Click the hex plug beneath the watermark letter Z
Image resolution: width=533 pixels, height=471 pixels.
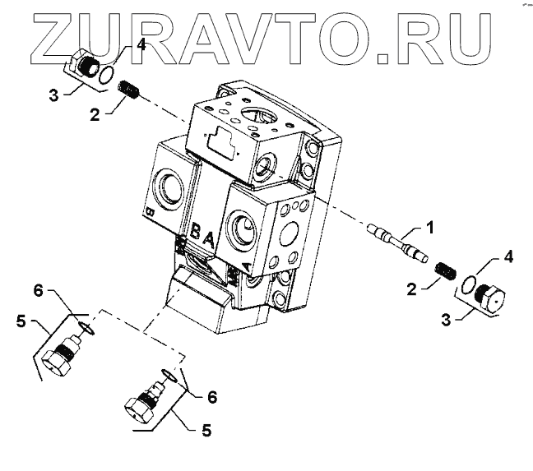coord(85,66)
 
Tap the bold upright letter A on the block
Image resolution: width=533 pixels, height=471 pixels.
coord(210,240)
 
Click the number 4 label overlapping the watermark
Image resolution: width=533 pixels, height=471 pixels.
coord(141,44)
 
